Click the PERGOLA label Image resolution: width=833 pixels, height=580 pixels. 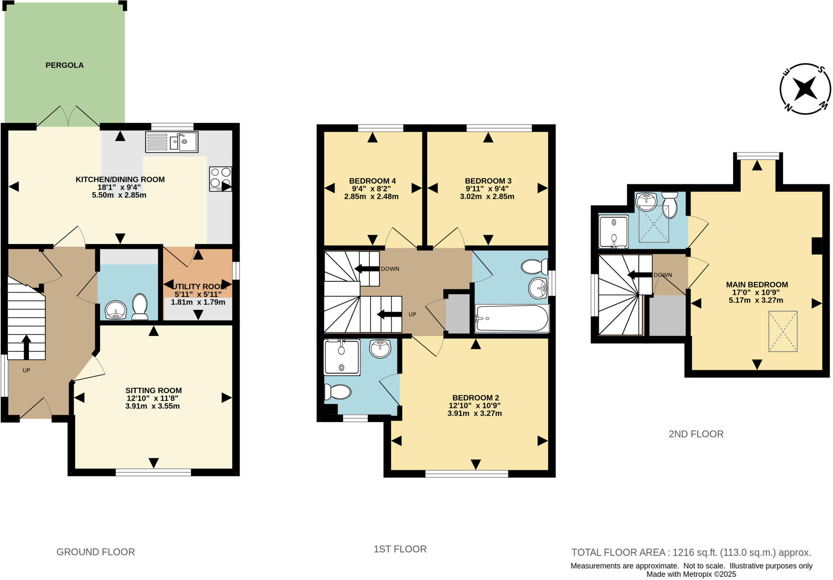[x=64, y=65]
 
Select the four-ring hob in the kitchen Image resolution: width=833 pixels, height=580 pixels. [x=220, y=178]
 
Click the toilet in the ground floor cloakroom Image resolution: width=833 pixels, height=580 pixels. [x=140, y=306]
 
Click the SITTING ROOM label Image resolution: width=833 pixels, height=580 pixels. [x=153, y=390]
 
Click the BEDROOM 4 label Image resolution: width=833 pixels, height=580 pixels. [x=372, y=181]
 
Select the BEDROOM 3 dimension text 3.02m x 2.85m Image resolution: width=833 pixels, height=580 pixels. [x=487, y=197]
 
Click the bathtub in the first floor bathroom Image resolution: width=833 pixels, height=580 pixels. [x=512, y=318]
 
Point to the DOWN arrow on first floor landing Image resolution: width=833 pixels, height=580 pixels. [x=366, y=269]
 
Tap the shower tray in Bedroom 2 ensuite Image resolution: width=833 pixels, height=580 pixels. [x=342, y=357]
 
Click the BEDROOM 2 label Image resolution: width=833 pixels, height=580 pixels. [x=475, y=398]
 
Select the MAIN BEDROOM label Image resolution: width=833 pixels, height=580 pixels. [x=757, y=285]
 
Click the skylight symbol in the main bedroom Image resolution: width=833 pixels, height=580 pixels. [x=783, y=331]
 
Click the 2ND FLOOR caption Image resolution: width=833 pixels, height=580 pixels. [x=696, y=434]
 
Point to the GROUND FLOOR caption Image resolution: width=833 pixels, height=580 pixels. [x=96, y=552]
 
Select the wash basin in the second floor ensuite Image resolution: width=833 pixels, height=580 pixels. [x=646, y=200]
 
